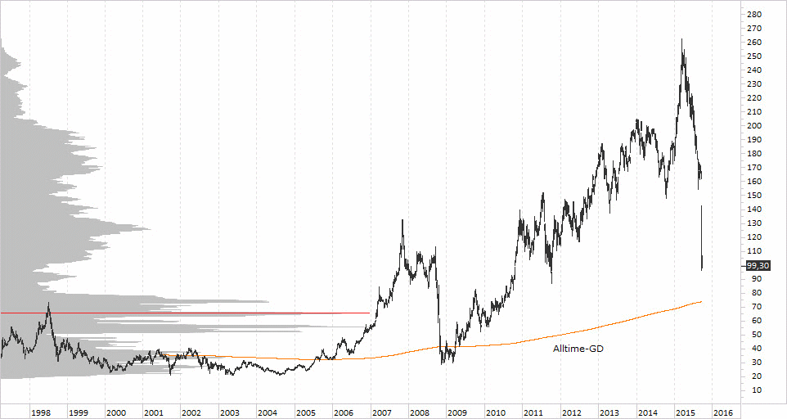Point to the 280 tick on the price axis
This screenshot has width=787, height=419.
click(754, 15)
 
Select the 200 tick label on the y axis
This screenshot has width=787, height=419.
click(754, 126)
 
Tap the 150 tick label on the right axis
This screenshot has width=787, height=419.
click(754, 196)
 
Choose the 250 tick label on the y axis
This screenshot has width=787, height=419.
click(754, 56)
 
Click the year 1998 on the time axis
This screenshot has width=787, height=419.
click(41, 413)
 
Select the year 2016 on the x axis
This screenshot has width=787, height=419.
click(724, 413)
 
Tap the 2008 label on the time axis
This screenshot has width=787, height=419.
click(420, 413)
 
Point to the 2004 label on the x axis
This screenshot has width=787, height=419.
click(268, 413)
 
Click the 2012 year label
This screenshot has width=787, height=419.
click(572, 413)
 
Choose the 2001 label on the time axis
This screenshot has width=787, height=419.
click(155, 413)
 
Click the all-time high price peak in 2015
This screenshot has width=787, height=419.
click(682, 39)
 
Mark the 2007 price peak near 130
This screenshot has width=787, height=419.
click(402, 220)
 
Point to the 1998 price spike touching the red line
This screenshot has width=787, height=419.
click(48, 304)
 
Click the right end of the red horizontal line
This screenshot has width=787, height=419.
click(370, 313)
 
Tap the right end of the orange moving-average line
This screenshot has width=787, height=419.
click(702, 302)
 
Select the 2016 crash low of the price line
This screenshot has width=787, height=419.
click(703, 268)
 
